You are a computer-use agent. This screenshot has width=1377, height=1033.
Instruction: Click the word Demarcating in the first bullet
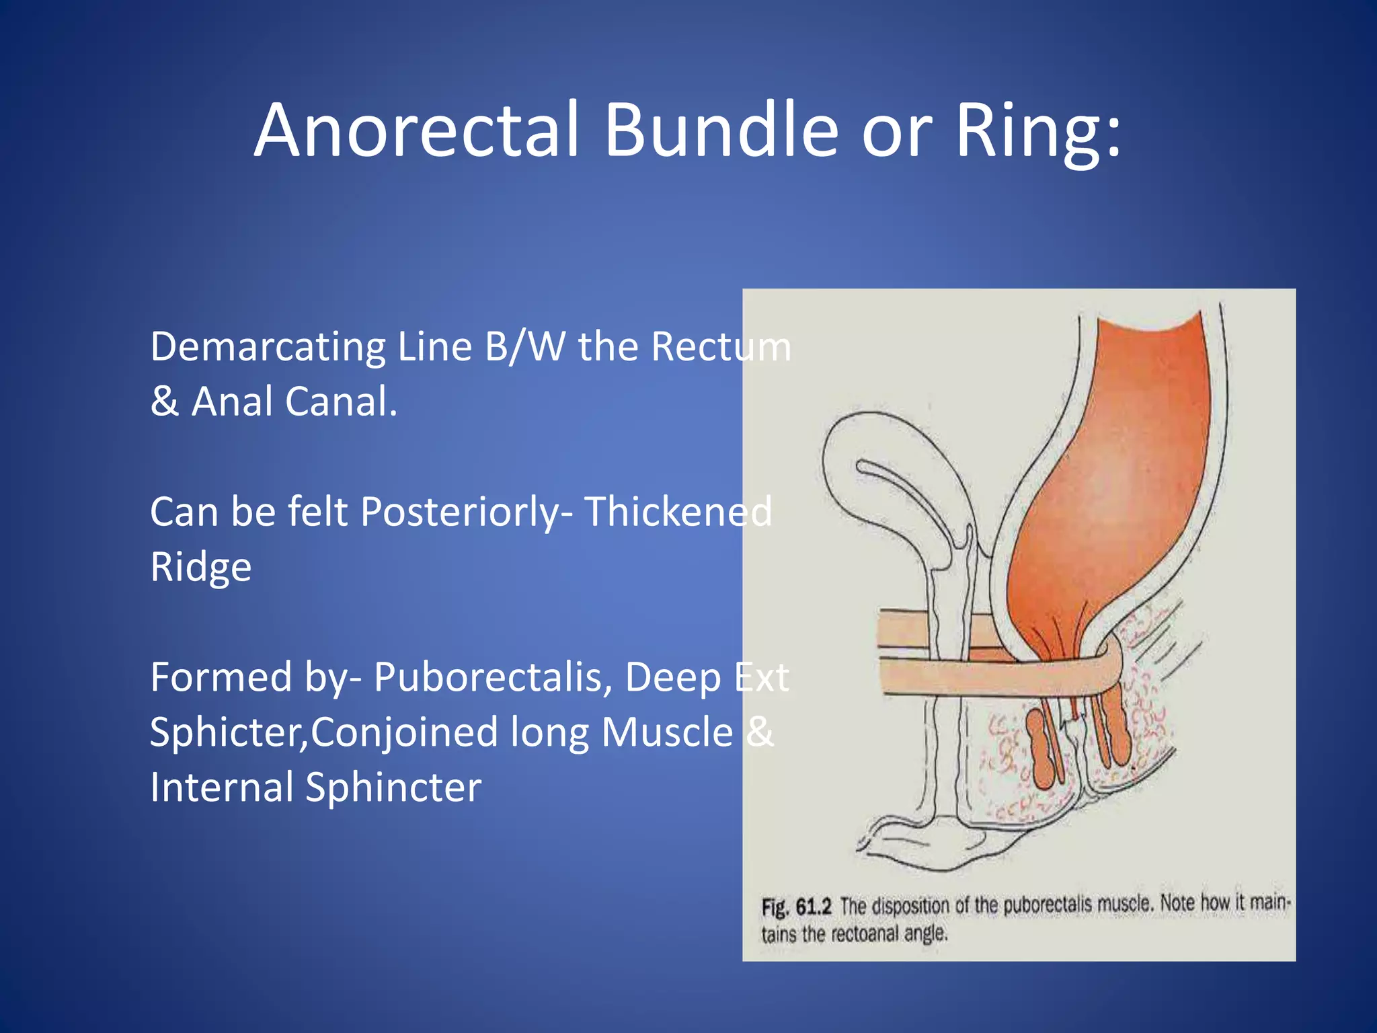coord(267,347)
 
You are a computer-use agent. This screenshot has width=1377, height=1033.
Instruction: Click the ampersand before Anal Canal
coord(164,402)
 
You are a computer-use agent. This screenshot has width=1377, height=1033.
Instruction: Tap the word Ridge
coord(200,567)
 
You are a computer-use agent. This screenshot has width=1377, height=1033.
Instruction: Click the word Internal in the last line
coord(221,788)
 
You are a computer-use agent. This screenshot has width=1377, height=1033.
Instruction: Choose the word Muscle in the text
coord(666,732)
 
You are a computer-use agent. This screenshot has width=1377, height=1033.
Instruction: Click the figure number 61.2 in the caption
coord(814,907)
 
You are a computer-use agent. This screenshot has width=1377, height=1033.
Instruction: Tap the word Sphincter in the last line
coord(393,788)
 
